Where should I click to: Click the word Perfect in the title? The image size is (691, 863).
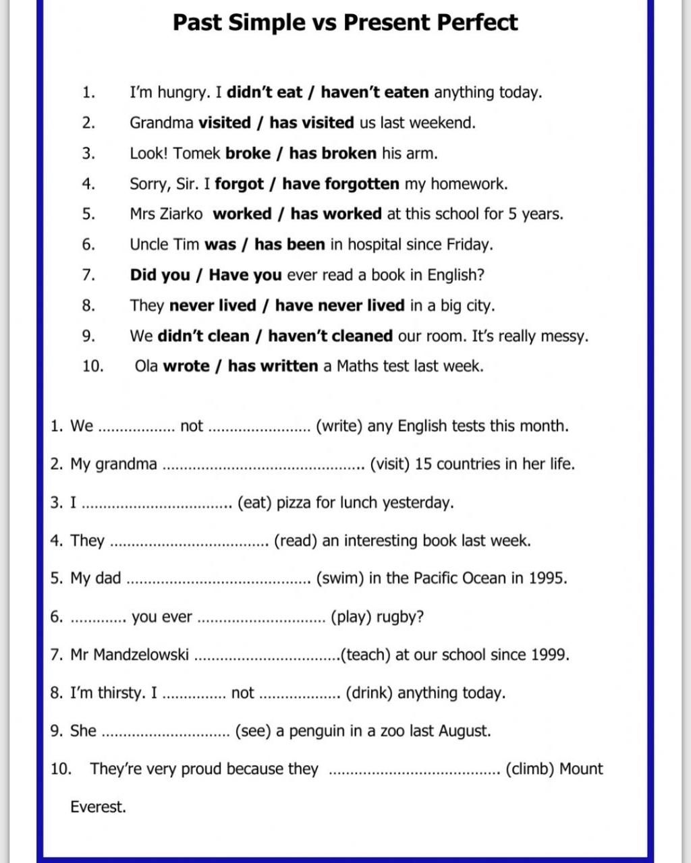[477, 22]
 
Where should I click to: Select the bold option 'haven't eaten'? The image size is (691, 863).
[375, 92]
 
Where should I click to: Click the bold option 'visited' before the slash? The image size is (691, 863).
[224, 123]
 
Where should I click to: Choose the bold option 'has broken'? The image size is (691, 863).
[333, 153]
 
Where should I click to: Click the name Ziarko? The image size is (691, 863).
[181, 214]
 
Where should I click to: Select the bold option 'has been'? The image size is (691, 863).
[289, 245]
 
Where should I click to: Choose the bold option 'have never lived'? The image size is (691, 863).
[339, 305]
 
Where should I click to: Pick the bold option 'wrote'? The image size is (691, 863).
[186, 366]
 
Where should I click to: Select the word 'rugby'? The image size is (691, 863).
[399, 617]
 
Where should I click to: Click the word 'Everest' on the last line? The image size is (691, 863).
[97, 807]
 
